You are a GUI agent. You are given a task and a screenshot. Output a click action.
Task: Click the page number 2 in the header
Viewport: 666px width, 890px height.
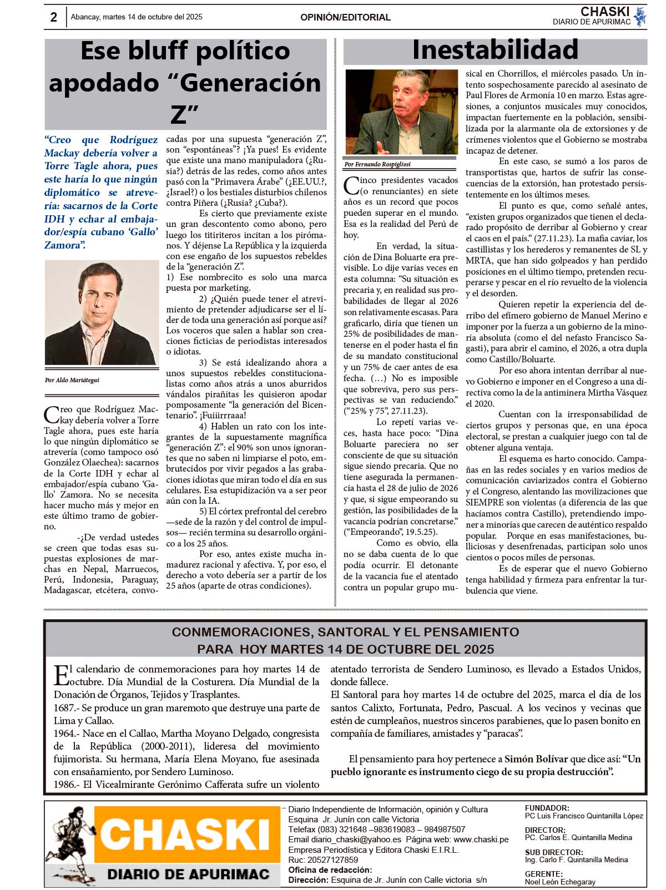point(53,17)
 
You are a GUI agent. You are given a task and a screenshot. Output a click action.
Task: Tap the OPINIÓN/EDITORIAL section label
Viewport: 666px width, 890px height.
point(345,17)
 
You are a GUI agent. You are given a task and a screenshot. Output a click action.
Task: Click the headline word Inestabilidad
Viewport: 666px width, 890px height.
point(495,50)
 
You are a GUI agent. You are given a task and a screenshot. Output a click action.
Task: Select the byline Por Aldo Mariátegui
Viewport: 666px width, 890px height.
point(72,380)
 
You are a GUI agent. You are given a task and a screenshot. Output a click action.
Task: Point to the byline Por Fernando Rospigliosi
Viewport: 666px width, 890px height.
point(377,164)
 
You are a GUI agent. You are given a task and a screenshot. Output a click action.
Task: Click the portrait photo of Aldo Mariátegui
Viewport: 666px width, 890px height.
point(101,313)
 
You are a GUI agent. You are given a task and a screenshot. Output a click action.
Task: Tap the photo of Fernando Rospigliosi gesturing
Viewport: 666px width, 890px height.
point(401,112)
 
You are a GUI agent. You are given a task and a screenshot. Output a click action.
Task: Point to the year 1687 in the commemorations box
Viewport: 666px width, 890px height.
point(64,708)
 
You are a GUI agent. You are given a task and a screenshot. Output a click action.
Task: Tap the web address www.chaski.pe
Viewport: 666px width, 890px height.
point(481,840)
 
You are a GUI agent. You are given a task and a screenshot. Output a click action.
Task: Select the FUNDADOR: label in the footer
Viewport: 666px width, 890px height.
point(547,808)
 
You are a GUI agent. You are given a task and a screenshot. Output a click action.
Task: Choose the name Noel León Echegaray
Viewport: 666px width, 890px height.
point(560,882)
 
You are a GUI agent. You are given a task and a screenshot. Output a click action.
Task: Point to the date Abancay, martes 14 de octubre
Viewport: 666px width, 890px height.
point(137,17)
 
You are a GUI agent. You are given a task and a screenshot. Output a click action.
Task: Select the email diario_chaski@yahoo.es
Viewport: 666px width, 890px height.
point(356,840)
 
